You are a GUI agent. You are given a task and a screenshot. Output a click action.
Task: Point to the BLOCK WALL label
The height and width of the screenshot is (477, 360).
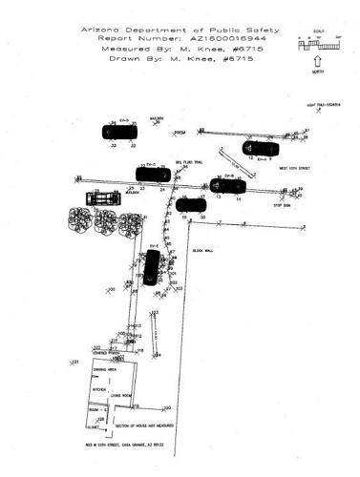tap(202, 251)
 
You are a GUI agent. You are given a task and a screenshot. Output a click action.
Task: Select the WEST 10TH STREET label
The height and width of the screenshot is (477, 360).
tap(296, 169)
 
